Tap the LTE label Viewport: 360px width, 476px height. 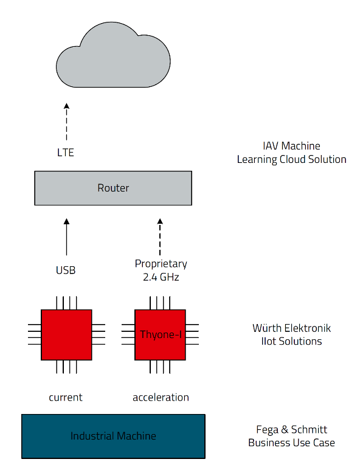66,153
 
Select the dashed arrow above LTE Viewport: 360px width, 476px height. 66,122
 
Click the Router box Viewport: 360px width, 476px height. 113,188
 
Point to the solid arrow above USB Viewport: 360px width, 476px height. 66,237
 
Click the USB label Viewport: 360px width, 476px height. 66,270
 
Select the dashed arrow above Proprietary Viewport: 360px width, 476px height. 160,237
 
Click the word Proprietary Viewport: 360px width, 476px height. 161,263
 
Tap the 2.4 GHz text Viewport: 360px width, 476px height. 161,277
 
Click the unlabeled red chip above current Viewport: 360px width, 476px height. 66,335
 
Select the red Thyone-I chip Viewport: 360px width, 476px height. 160,335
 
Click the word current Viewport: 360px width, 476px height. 66,397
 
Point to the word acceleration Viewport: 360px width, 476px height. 161,397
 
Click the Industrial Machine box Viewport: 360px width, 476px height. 113,436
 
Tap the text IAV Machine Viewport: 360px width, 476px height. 291,146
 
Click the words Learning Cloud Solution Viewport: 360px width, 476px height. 291,159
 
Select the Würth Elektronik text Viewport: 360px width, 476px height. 291,328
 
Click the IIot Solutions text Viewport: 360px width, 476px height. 291,341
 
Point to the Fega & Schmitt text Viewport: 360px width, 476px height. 291,430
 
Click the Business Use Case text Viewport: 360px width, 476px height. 291,443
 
